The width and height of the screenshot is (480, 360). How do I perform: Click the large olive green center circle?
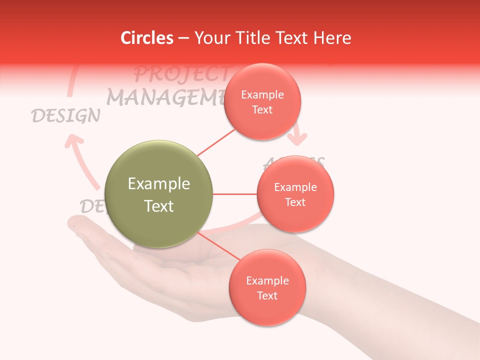click(x=159, y=194)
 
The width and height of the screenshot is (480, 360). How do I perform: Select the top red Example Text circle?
click(x=262, y=101)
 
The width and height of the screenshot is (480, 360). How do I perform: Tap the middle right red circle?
click(x=295, y=194)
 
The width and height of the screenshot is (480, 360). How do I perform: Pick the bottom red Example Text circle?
click(x=267, y=287)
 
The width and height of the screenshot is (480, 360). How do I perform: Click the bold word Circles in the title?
click(x=147, y=38)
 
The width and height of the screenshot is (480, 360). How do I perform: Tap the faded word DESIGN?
click(x=65, y=116)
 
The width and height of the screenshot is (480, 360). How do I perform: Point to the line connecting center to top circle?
click(x=216, y=143)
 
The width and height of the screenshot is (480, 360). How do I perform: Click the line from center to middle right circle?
click(x=234, y=194)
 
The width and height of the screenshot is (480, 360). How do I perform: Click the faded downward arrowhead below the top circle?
click(x=299, y=137)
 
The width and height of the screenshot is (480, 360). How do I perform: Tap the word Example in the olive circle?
click(x=159, y=184)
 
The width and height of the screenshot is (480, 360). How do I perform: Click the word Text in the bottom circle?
click(x=267, y=295)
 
